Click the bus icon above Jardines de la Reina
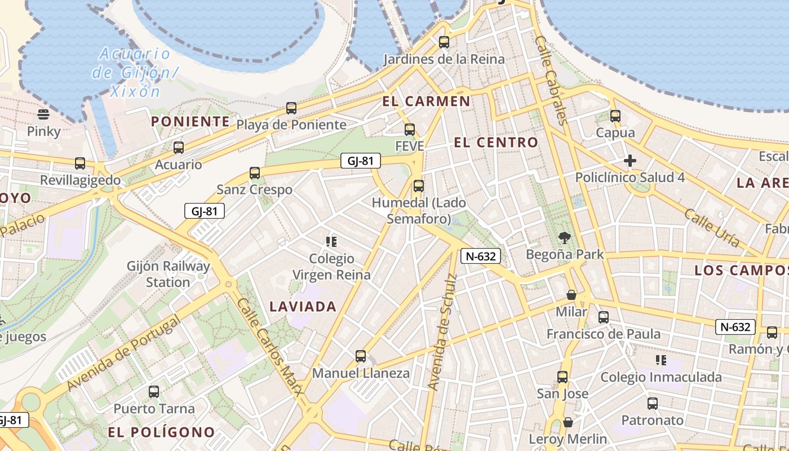[x=444, y=42]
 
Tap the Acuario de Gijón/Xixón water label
[x=135, y=72]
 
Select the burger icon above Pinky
[x=44, y=114]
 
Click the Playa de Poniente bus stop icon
[x=291, y=108]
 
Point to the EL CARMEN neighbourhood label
[x=426, y=101]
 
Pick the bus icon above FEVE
[x=410, y=129]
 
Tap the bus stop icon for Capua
[x=615, y=116]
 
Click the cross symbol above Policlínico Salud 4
[x=630, y=161]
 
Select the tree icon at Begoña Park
[x=564, y=238]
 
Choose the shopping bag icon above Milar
[x=571, y=295]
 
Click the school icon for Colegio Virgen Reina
[x=331, y=242]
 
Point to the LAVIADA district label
[x=303, y=307]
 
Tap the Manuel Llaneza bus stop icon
[x=361, y=356]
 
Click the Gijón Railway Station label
[x=169, y=274]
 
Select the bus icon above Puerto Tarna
[x=154, y=391]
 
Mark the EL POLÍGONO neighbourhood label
[x=161, y=432]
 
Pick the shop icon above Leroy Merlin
[x=568, y=422]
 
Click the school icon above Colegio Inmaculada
[x=661, y=360]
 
